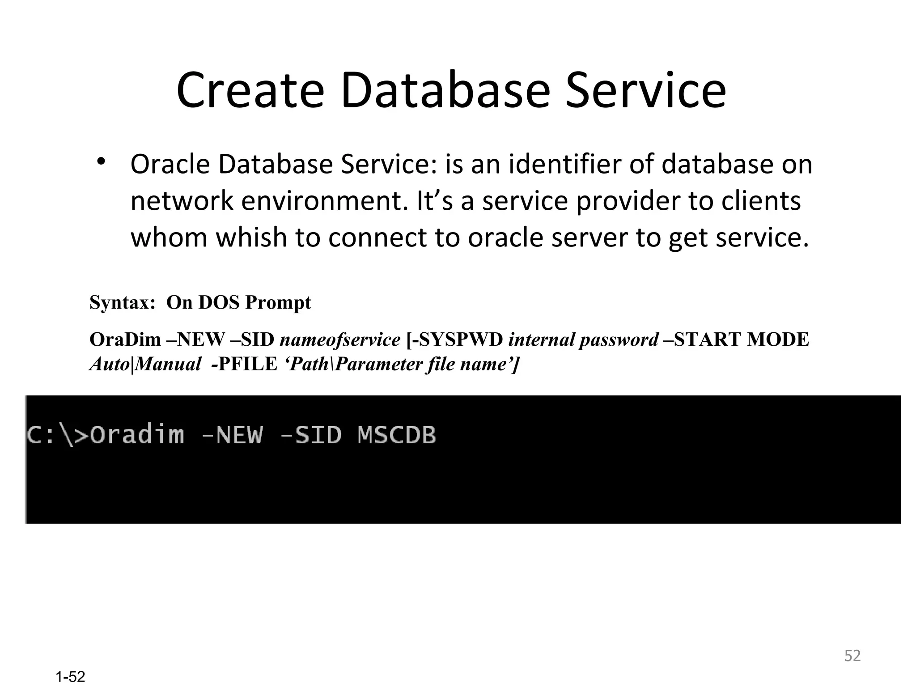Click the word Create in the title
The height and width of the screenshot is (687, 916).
(x=250, y=90)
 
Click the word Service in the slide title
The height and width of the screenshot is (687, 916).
(x=645, y=90)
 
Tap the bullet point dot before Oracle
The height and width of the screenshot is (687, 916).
(x=102, y=161)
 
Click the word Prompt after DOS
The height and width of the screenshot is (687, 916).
(x=278, y=303)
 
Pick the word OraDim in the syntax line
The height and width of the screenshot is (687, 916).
(x=125, y=339)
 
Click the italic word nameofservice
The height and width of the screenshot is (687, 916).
(x=340, y=339)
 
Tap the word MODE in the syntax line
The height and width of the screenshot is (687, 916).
(x=778, y=339)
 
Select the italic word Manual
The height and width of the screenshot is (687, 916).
(x=168, y=364)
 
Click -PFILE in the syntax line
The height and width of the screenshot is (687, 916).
(x=244, y=364)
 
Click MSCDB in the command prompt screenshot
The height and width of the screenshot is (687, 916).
(x=397, y=435)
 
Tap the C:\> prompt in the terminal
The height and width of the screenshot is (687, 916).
(x=58, y=435)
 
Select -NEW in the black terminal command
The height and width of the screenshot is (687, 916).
(x=232, y=435)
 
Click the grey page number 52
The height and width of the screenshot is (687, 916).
(x=852, y=656)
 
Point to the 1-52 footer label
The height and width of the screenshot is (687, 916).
(x=71, y=677)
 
